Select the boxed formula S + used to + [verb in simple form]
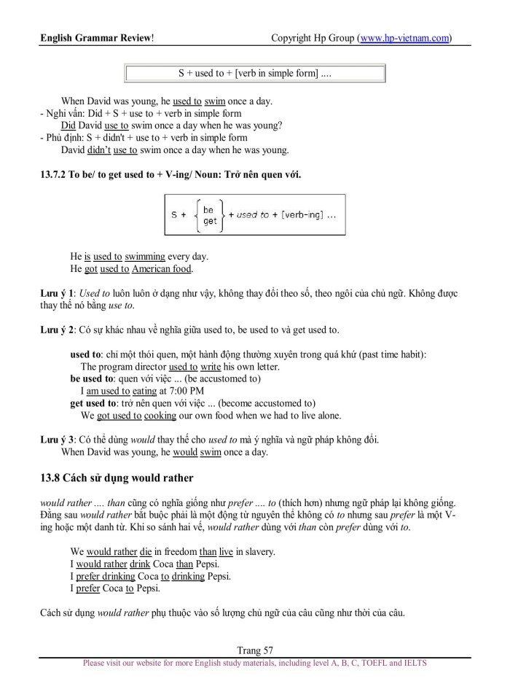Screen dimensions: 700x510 pyautogui.click(x=255, y=74)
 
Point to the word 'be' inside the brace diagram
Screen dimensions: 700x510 pyautogui.click(x=208, y=209)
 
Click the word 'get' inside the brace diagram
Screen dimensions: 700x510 pyautogui.click(x=210, y=221)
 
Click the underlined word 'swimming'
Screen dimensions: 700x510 pyautogui.click(x=145, y=257)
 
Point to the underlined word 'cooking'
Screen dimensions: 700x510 pyautogui.click(x=160, y=416)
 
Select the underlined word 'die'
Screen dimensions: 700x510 pyautogui.click(x=146, y=552)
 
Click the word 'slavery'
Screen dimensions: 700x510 pyautogui.click(x=256, y=552)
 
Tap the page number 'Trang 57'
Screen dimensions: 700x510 pyautogui.click(x=255, y=650)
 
